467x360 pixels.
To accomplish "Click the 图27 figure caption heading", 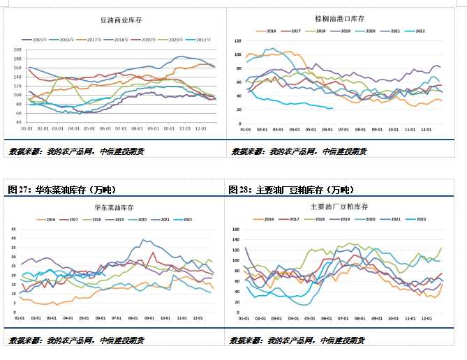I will [x=61, y=189].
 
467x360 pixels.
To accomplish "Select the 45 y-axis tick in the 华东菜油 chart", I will [x=15, y=228].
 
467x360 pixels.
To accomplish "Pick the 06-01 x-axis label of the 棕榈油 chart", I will [x=341, y=130].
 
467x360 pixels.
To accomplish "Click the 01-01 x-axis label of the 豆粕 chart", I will [x=245, y=318].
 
